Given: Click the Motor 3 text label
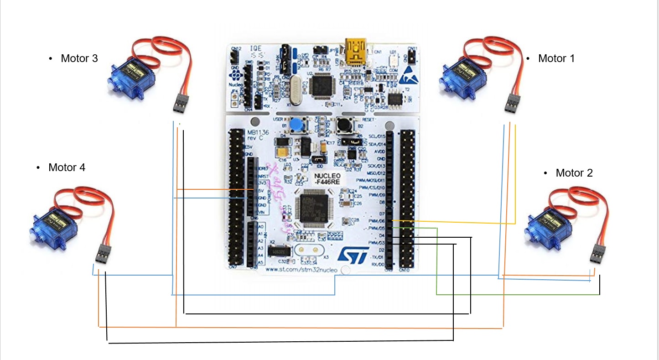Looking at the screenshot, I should [x=79, y=58].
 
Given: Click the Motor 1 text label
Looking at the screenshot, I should [x=556, y=58].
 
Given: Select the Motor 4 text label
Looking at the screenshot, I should [x=67, y=167].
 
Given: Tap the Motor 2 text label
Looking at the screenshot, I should [x=574, y=173].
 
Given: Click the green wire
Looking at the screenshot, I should [x=437, y=265].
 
